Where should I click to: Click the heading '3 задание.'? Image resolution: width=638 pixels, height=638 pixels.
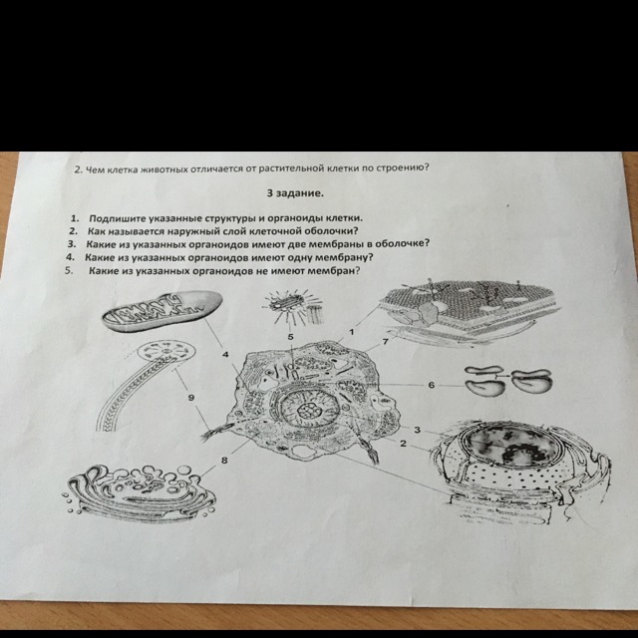[296, 193]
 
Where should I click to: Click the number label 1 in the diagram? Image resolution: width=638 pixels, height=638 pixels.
[352, 332]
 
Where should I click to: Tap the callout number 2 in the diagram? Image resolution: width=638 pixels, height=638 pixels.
[403, 443]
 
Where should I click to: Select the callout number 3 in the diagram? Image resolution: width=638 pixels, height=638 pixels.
[417, 430]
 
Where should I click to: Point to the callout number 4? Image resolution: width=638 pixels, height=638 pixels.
[225, 355]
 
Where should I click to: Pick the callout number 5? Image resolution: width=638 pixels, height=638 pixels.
[290, 337]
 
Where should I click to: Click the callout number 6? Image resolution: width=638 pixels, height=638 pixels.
[432, 385]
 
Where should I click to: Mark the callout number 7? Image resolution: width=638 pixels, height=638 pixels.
[386, 341]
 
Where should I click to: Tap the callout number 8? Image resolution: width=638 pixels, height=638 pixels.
[224, 461]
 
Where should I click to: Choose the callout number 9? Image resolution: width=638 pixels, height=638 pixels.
[190, 397]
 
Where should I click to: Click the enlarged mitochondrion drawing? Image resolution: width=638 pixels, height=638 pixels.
[161, 311]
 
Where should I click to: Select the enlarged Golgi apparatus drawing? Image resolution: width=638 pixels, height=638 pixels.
[141, 491]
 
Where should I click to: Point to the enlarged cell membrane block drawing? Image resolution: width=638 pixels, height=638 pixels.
[468, 311]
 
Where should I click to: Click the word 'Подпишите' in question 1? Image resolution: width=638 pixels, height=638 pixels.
[117, 219]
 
